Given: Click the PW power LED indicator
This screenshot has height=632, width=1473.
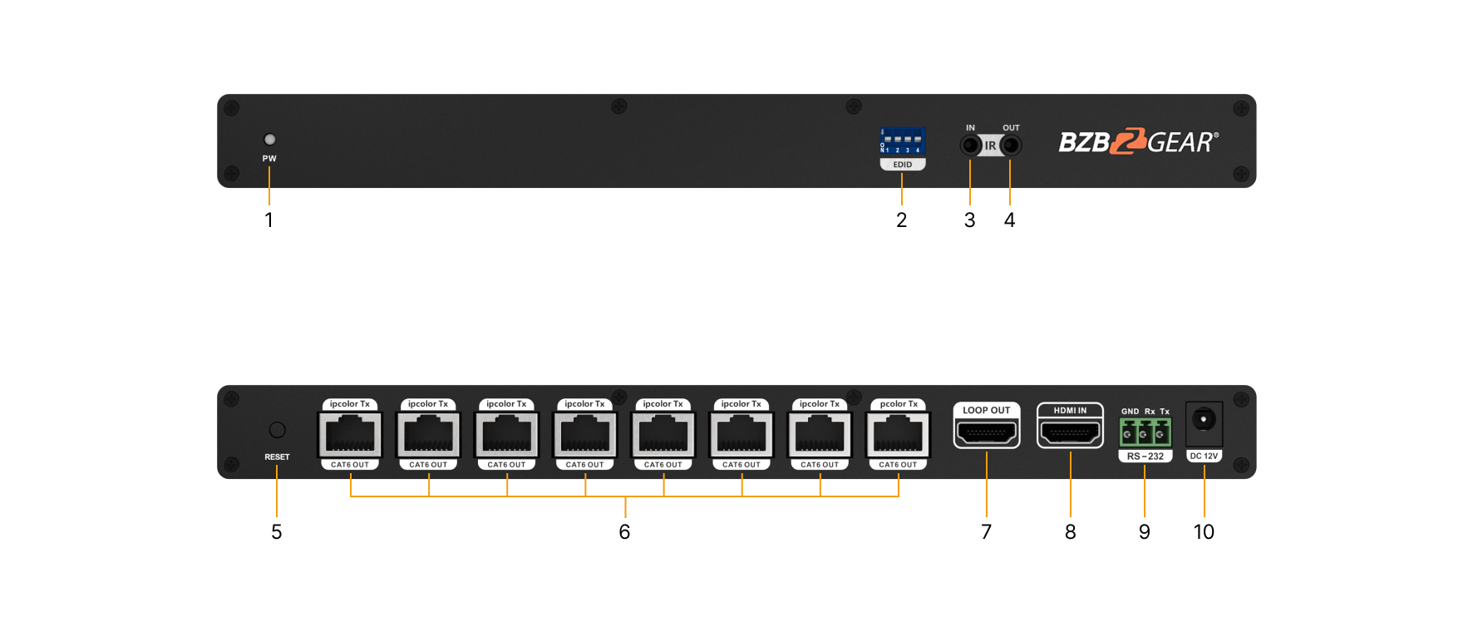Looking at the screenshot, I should pos(269,140).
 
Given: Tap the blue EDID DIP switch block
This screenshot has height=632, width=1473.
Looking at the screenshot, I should pos(902,141).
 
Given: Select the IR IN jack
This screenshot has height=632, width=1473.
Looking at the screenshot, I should pos(970,146).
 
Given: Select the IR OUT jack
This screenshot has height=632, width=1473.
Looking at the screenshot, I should pos(1010,146).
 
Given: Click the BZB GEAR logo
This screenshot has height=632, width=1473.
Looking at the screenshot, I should pos(1138,142).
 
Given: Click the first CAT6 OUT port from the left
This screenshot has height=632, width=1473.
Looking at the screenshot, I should pos(350,434).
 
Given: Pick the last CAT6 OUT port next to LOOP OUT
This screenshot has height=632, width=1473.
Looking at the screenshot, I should pos(898,434).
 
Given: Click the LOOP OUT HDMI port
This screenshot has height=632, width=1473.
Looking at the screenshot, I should pos(987,433).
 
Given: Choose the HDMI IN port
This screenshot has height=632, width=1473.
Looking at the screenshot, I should pos(1070,433).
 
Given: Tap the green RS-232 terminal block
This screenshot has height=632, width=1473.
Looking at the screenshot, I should pos(1145,433).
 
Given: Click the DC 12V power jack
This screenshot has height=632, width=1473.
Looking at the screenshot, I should pos(1204,420).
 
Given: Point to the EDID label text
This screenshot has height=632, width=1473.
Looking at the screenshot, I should pos(902,165).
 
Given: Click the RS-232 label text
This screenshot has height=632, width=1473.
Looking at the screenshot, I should pos(1145,457).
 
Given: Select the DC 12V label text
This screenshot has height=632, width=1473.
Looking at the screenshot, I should pos(1204,457).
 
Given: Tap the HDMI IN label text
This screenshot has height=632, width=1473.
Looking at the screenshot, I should pos(1070,411).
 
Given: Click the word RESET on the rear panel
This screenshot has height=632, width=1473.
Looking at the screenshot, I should pos(277,457).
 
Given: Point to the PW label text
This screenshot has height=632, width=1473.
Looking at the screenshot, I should pos(269,159).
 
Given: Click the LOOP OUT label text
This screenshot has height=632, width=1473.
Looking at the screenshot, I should pos(987,410).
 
